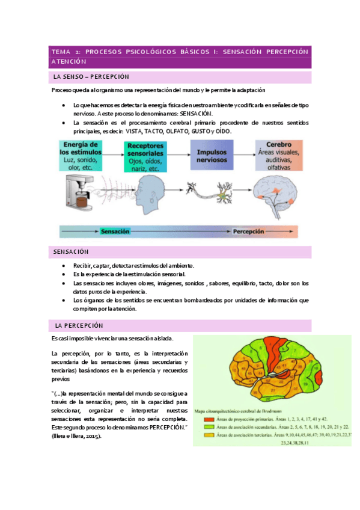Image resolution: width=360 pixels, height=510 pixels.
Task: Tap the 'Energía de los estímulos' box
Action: pos(84,156)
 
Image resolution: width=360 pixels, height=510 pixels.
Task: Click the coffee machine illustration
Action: pos(79,196)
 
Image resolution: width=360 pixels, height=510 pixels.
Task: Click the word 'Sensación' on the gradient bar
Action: pos(115,231)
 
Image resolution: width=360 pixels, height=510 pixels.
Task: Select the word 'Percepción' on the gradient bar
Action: pos(249,231)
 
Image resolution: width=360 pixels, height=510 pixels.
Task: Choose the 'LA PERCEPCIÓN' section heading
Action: pos(79,325)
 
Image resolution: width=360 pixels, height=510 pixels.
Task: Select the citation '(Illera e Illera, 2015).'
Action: pos(76,436)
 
